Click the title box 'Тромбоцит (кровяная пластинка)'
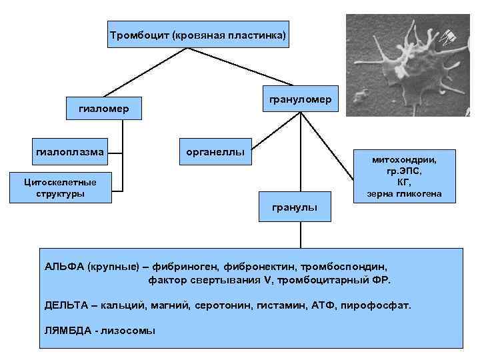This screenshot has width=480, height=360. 199,34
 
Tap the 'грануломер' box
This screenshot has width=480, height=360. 300,99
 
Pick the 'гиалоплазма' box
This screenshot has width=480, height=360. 69,152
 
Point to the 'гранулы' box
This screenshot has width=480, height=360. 294,208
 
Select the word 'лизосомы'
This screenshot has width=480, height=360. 128,331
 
